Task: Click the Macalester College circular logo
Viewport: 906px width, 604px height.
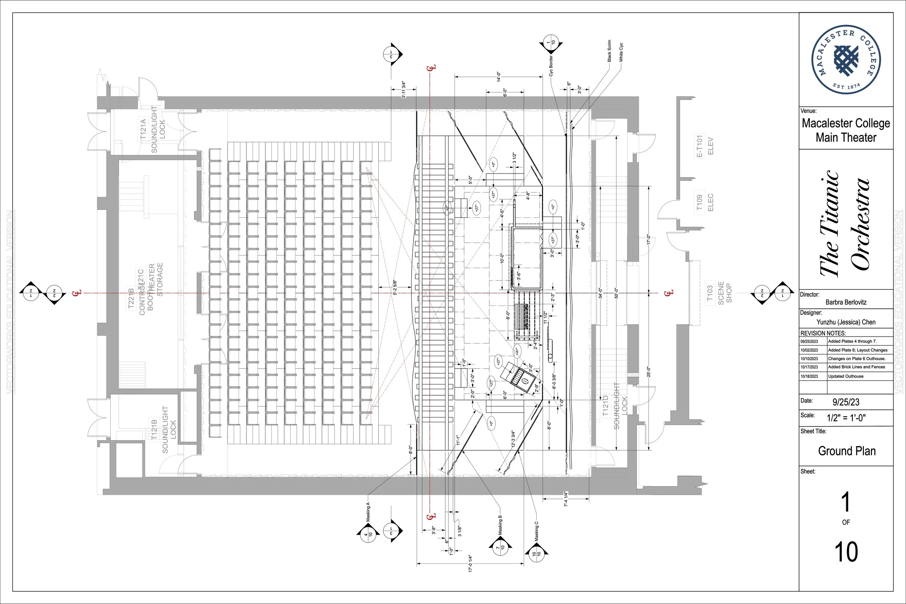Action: click(846, 60)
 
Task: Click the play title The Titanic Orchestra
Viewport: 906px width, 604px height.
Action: click(844, 224)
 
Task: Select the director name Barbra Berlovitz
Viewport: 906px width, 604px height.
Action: click(846, 303)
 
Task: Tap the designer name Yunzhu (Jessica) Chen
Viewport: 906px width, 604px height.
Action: click(846, 322)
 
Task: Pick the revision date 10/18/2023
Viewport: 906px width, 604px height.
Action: click(809, 376)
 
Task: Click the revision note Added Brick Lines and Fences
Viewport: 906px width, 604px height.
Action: click(856, 367)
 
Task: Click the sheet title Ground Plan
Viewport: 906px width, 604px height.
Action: click(847, 451)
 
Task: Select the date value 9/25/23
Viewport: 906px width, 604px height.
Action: click(846, 402)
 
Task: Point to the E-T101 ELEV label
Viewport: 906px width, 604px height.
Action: click(705, 146)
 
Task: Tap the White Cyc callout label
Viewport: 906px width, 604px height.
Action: click(621, 53)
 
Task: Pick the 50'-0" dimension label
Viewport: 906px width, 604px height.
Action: click(616, 293)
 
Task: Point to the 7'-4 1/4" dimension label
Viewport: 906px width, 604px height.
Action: click(566, 499)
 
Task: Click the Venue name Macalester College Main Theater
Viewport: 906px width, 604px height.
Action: click(846, 130)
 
